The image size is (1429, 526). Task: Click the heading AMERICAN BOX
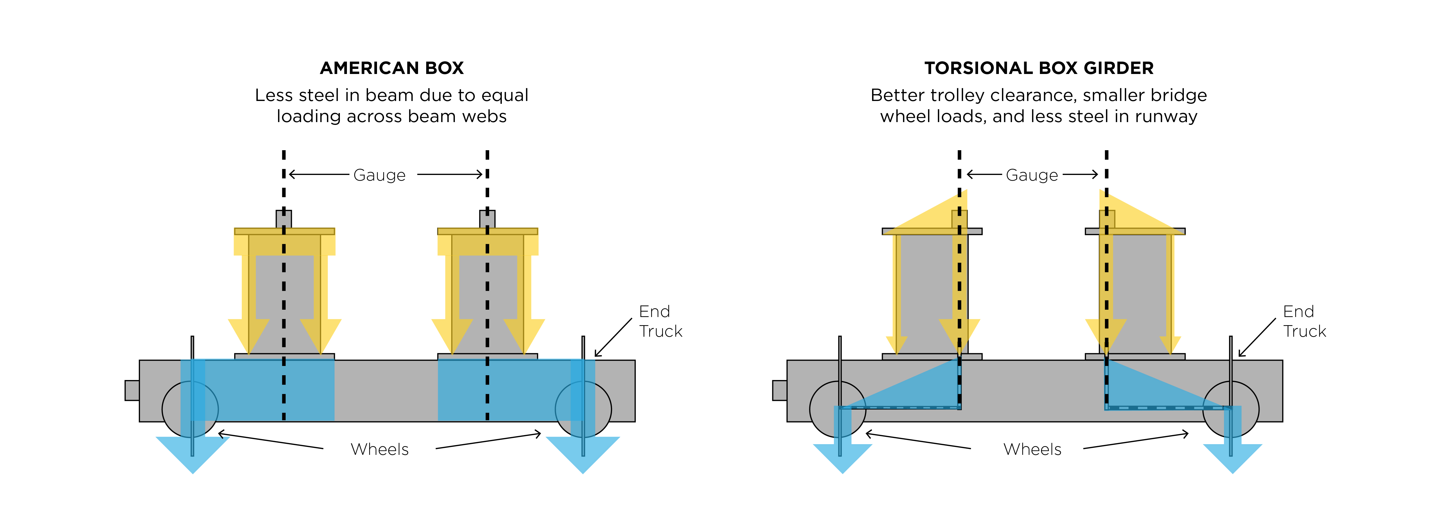pyautogui.click(x=392, y=68)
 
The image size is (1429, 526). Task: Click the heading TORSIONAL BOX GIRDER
pyautogui.click(x=1039, y=68)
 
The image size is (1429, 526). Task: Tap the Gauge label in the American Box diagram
pyautogui.click(x=380, y=175)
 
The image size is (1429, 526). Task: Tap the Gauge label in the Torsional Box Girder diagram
pyautogui.click(x=1032, y=175)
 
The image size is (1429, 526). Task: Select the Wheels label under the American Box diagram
pyautogui.click(x=380, y=449)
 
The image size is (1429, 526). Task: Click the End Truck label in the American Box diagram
pyautogui.click(x=660, y=321)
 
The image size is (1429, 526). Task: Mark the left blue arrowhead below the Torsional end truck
pyautogui.click(x=842, y=458)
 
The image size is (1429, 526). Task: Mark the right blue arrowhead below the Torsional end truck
pyautogui.click(x=1232, y=458)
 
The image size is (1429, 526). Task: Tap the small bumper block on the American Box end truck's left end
pyautogui.click(x=132, y=390)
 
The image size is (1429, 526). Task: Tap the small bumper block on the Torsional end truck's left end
pyautogui.click(x=779, y=390)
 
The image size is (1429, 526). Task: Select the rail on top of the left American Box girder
pyautogui.click(x=283, y=219)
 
